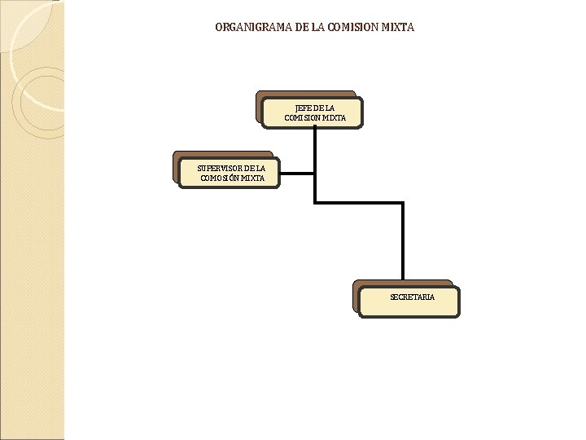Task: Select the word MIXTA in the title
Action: click(x=399, y=27)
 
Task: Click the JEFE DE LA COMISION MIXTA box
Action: click(x=315, y=112)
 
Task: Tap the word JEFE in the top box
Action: click(x=304, y=108)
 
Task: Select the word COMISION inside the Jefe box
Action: click(x=302, y=118)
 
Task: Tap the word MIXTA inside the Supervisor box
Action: click(x=253, y=178)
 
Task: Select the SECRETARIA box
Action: click(x=412, y=298)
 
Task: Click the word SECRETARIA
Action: click(x=412, y=297)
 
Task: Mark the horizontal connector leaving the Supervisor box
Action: click(x=296, y=173)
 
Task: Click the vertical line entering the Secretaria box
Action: click(x=403, y=244)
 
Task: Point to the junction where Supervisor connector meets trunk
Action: click(x=315, y=173)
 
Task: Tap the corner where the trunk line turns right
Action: click(x=315, y=202)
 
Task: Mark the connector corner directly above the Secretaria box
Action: click(x=403, y=202)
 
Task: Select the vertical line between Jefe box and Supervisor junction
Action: click(x=315, y=151)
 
